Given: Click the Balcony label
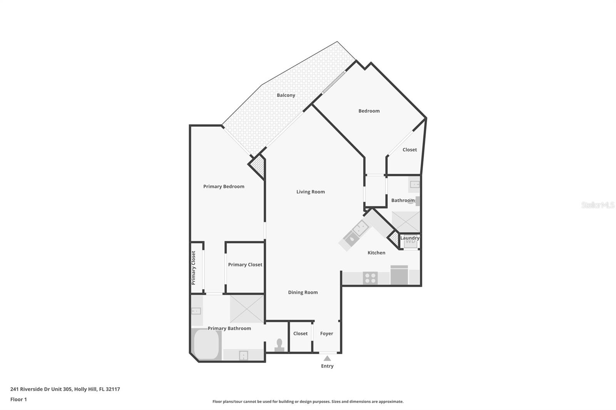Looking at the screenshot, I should [x=286, y=95].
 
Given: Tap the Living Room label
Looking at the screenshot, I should [x=310, y=192].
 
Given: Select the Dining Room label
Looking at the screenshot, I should [x=303, y=292].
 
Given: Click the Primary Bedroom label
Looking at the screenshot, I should [x=224, y=187].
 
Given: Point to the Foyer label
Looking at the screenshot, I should [x=326, y=334].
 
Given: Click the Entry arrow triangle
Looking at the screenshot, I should [x=327, y=358].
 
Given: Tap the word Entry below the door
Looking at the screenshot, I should [x=327, y=366].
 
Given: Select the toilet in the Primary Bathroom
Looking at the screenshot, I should [x=280, y=344].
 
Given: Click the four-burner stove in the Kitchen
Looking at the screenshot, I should [x=370, y=278].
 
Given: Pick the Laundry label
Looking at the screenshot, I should [x=410, y=238].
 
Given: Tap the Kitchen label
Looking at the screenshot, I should [x=376, y=253].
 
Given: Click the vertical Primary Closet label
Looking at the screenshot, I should [x=194, y=268].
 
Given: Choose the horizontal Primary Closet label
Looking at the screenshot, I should [x=245, y=265].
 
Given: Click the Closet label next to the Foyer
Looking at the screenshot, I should [x=300, y=334].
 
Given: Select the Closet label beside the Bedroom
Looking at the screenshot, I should [x=410, y=150].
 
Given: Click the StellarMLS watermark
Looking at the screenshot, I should [x=598, y=205].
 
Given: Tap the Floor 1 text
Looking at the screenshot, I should [x=18, y=400].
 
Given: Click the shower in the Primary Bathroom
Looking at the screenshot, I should [x=247, y=309].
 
